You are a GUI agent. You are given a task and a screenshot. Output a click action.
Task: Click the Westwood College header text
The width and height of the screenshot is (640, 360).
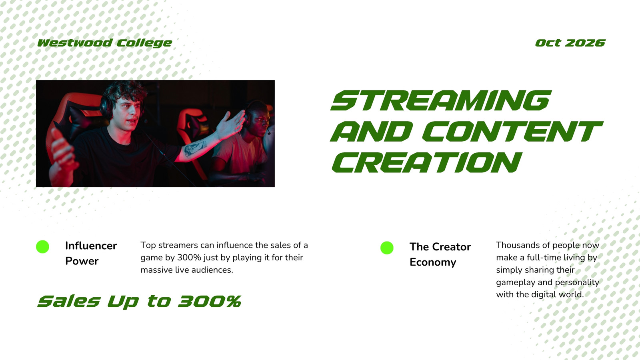click(x=104, y=43)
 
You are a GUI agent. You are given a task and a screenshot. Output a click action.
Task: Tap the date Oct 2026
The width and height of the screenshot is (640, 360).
click(x=570, y=43)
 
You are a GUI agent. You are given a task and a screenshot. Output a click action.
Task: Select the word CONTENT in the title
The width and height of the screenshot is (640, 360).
click(x=512, y=132)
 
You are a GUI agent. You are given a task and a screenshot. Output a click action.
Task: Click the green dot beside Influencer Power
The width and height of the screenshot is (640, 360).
click(x=42, y=246)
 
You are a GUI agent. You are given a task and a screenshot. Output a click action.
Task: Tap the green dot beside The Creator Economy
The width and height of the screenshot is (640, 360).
click(x=387, y=248)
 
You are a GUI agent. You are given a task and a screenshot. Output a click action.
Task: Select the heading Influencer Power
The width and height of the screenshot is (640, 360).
click(x=91, y=253)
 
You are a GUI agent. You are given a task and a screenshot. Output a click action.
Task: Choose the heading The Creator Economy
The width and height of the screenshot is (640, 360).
click(x=440, y=254)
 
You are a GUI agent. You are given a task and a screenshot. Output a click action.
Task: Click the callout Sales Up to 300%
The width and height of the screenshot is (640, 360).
click(x=140, y=302)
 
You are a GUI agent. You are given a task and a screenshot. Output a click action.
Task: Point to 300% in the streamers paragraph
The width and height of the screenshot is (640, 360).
click(x=189, y=258)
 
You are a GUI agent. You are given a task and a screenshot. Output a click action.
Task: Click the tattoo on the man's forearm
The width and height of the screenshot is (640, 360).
click(x=195, y=149)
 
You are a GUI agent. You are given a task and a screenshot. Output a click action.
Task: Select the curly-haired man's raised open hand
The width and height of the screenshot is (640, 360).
click(x=231, y=124)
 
